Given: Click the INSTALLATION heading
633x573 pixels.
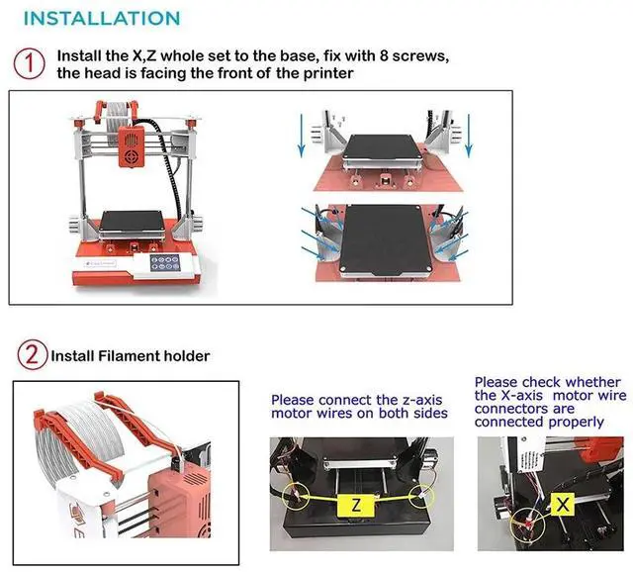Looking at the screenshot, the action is [102, 19].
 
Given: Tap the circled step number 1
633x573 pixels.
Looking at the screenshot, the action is [29, 63].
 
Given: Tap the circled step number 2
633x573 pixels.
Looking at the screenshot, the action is [33, 354].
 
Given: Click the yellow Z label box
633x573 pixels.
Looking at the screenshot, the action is [356, 505].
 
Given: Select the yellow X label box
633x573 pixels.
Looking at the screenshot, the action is [563, 504].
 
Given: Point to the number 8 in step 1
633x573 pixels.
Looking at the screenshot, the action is [384, 55].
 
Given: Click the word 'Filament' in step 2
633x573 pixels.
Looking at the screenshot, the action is [130, 355].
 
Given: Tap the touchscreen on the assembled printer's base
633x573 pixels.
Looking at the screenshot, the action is [165, 263].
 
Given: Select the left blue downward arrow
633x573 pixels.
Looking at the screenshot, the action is [301, 136].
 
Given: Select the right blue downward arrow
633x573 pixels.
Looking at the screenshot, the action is [468, 136].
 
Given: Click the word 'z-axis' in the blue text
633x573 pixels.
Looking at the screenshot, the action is [422, 400].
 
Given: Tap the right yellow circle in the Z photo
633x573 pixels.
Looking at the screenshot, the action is [421, 496].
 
